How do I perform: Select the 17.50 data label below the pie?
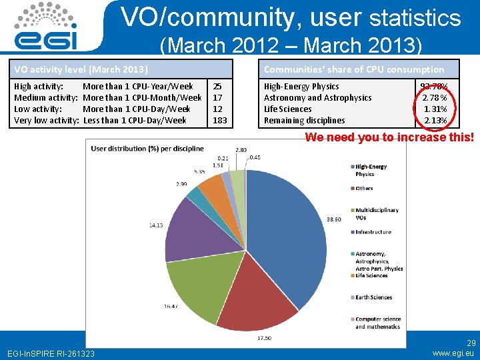(x=264, y=338)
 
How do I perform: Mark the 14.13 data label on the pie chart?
(x=157, y=225)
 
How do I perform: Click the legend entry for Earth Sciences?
(x=373, y=297)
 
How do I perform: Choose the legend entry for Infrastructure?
(x=373, y=232)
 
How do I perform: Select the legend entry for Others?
(x=364, y=188)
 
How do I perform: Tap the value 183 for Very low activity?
(x=219, y=121)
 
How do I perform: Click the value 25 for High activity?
(x=217, y=87)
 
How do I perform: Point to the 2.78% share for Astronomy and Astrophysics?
(x=435, y=98)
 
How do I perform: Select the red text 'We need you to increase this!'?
(x=389, y=137)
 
